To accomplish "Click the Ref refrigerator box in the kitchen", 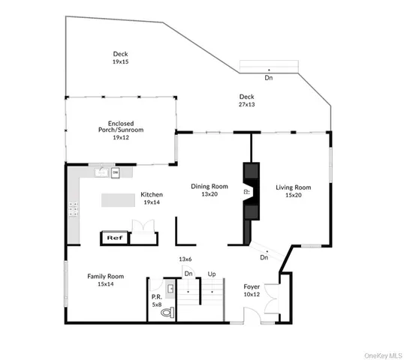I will tap(114, 238).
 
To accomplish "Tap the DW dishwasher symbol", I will tap(116, 172).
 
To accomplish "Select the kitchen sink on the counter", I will tap(101, 172).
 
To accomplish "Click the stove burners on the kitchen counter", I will tap(75, 209).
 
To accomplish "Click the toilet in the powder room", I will tap(170, 310).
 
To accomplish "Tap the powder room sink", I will tap(171, 288).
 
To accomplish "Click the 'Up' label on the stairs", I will tap(212, 274).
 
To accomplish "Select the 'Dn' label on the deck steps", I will tap(269, 76).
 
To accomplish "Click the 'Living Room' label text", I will tap(293, 187).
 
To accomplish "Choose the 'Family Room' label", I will tap(105, 276).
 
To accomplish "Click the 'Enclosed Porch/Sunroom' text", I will tap(121, 126).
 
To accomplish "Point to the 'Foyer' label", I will tap(252, 286).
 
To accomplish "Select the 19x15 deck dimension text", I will tap(121, 61).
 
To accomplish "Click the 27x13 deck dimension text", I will tap(247, 104).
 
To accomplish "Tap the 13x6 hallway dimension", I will tap(185, 259).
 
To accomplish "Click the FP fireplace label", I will tap(246, 192).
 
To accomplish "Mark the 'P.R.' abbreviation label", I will tap(157, 296).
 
